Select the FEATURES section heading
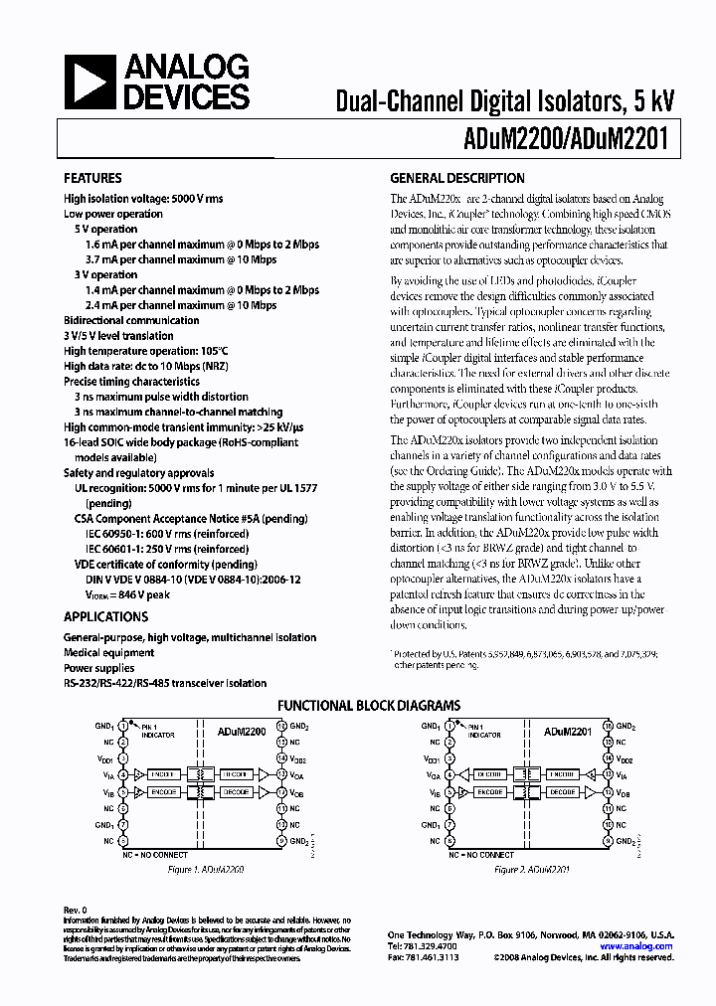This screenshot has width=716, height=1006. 92,179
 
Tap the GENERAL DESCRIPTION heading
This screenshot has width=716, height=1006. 456,179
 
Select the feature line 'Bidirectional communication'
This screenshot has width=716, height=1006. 131,320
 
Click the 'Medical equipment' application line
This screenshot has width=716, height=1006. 108,653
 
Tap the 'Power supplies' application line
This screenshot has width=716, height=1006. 100,668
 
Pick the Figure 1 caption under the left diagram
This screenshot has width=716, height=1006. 207,869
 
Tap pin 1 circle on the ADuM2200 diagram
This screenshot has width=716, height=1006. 123,727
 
